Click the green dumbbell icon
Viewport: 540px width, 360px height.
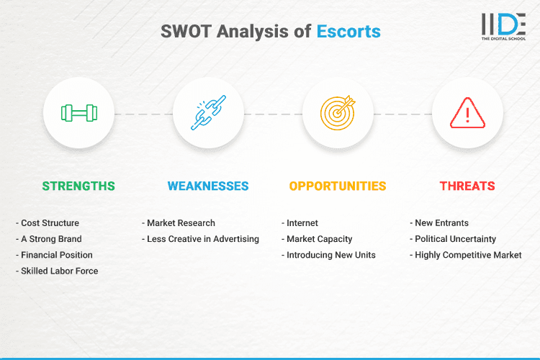tap(78, 113)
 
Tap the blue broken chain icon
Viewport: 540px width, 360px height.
tap(208, 113)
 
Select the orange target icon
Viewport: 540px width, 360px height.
tap(338, 113)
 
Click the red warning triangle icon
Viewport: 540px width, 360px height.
tap(467, 113)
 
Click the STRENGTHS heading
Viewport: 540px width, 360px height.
tap(78, 186)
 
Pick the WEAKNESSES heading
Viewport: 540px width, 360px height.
tap(208, 186)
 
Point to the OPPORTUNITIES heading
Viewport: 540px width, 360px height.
tap(338, 186)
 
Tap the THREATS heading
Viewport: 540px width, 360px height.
tap(467, 186)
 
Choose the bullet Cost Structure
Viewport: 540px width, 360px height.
tap(50, 223)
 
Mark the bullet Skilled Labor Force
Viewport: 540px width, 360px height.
tap(59, 271)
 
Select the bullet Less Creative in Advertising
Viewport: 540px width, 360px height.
tap(202, 239)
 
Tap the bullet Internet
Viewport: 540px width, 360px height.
tap(302, 223)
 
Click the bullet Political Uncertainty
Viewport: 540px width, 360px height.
tap(455, 239)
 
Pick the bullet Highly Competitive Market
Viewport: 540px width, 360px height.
tap(467, 255)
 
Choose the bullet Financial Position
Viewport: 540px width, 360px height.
tap(56, 255)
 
